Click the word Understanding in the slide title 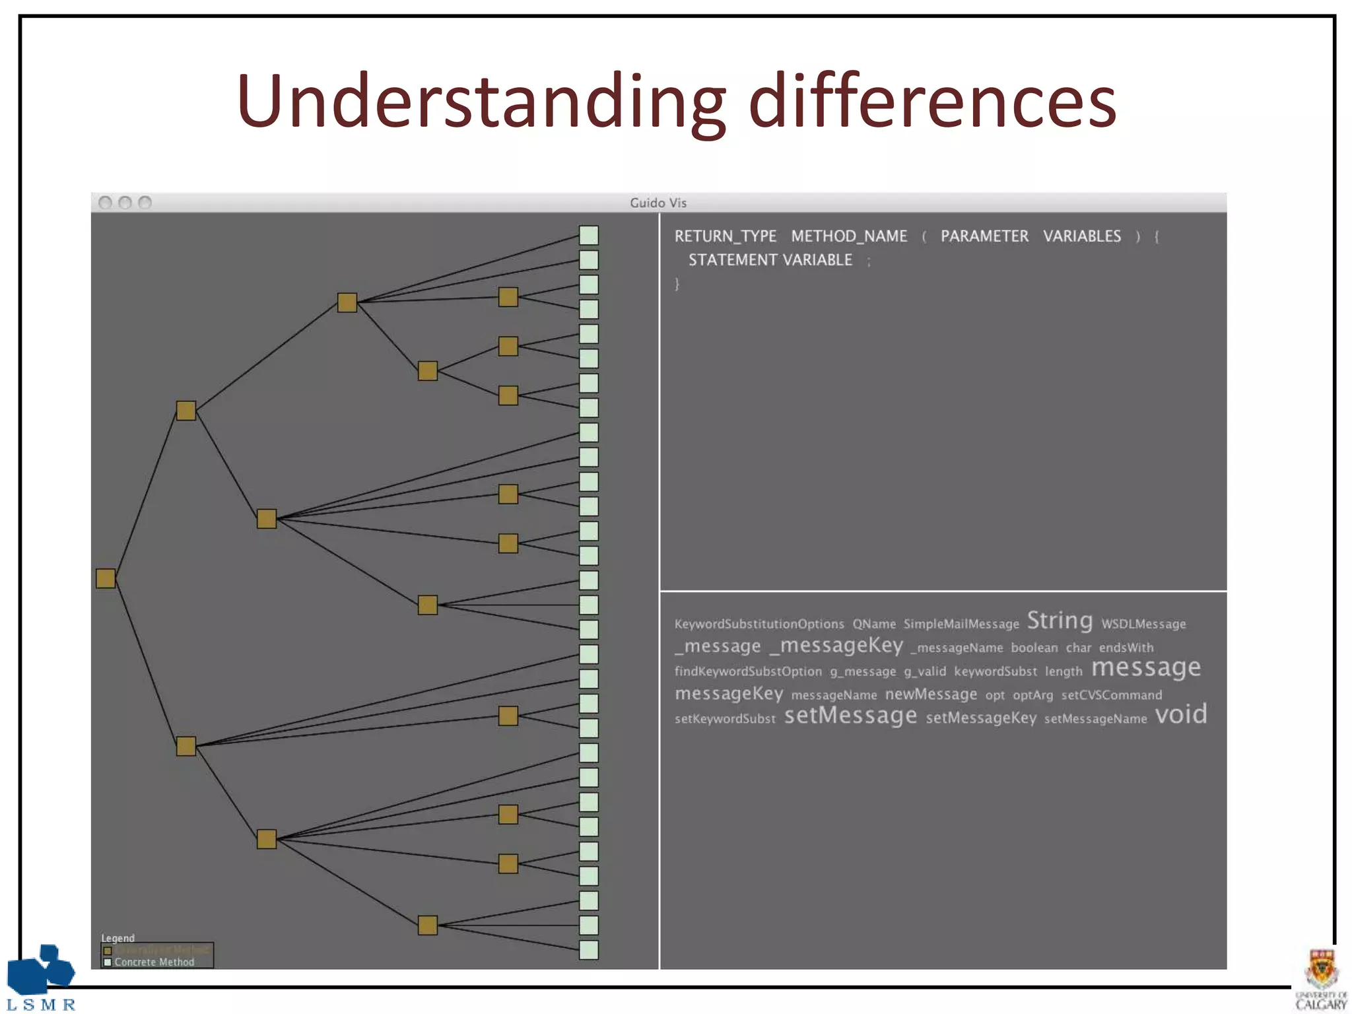tap(481, 102)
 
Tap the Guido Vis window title tap(658, 203)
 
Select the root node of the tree tap(106, 578)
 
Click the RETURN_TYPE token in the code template tap(725, 236)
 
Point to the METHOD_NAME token tap(849, 236)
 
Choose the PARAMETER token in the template tap(984, 236)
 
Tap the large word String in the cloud tap(1060, 621)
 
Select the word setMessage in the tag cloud tap(850, 716)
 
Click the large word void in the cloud tap(1181, 714)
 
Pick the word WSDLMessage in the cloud tap(1143, 625)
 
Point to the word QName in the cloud tap(874, 625)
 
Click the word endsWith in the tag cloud tap(1126, 648)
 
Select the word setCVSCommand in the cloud tap(1112, 695)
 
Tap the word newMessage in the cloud tap(931, 694)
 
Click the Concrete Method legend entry tap(154, 963)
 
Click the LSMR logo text tap(41, 1005)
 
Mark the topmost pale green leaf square tap(589, 235)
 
